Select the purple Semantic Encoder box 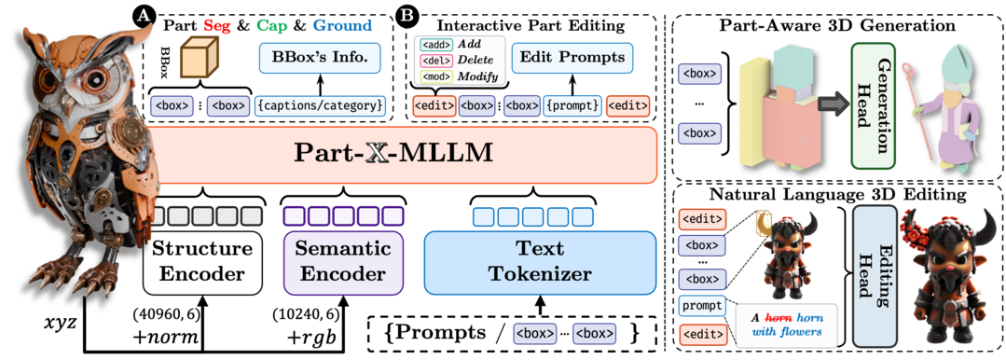[x=341, y=262]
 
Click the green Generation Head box [x=873, y=105]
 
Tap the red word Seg [x=216, y=25]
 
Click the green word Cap [x=273, y=25]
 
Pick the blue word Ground [x=342, y=25]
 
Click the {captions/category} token [x=320, y=105]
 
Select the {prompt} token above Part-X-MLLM [x=572, y=105]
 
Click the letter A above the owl [x=143, y=14]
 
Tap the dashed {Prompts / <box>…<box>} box [x=512, y=333]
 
